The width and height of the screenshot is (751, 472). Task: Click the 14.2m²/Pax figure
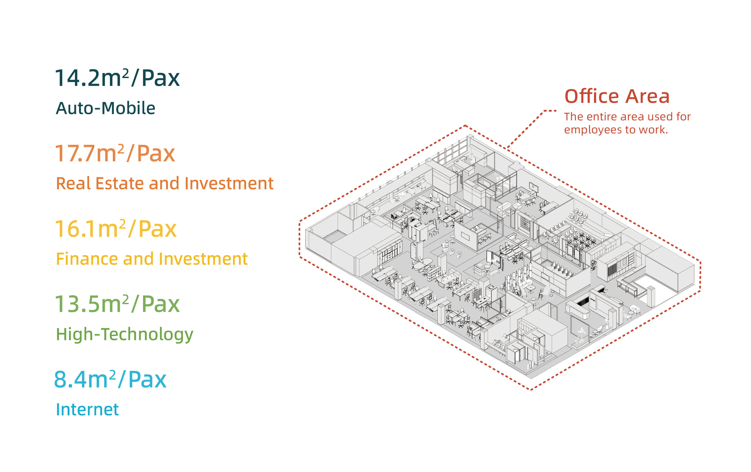[117, 78]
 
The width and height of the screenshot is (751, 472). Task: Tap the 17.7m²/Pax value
[115, 154]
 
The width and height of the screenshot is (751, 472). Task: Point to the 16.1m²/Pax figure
[116, 229]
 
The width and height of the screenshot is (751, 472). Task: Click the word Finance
[87, 259]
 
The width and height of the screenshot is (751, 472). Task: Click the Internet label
[87, 410]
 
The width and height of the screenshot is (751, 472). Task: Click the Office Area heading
[617, 96]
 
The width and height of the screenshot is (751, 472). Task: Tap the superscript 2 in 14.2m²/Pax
[125, 72]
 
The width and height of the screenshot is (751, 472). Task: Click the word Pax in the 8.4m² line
[147, 380]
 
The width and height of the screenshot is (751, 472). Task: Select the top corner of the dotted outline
[465, 126]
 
